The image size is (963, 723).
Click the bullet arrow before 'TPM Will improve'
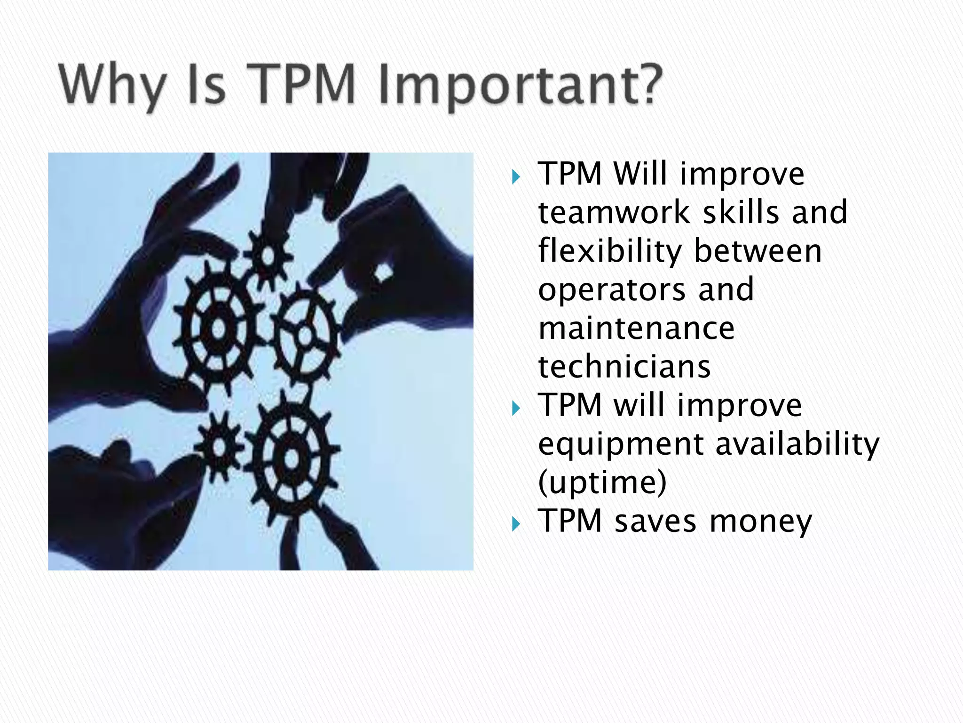tap(516, 177)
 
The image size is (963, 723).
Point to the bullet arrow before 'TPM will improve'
tap(516, 408)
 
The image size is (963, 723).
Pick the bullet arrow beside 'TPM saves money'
tap(516, 524)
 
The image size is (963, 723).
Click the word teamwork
tap(614, 212)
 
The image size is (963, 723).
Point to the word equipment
tap(621, 445)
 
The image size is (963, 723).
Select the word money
tap(761, 522)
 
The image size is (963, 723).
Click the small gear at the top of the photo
tap(268, 257)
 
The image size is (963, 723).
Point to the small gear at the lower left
tap(219, 447)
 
